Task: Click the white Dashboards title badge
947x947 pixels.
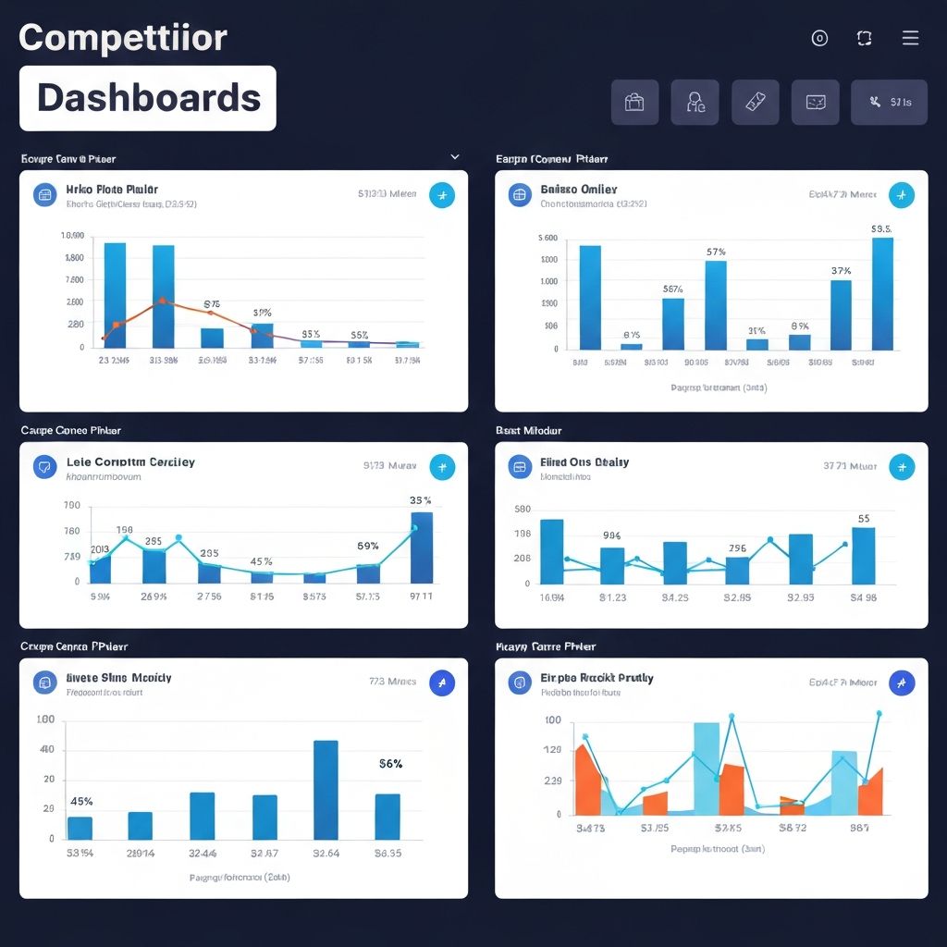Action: [x=148, y=98]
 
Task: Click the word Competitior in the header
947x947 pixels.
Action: [x=122, y=38]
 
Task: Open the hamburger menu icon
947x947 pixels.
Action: [x=910, y=38]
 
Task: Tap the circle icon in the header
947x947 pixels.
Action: [x=818, y=38]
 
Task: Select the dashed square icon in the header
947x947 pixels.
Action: [x=865, y=38]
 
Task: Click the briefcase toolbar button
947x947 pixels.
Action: [x=634, y=102]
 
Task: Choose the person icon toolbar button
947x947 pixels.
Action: [x=695, y=102]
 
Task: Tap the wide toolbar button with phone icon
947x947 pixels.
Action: [x=888, y=102]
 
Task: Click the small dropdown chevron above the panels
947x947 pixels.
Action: [x=454, y=157]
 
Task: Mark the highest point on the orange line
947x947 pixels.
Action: [x=163, y=301]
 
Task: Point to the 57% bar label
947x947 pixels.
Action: [x=716, y=252]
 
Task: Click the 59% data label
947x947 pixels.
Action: [x=367, y=546]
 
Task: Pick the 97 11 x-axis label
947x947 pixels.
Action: [x=421, y=596]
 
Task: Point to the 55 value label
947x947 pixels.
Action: [x=864, y=519]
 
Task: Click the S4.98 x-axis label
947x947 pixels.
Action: [x=863, y=597]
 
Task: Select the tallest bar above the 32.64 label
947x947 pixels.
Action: [x=326, y=789]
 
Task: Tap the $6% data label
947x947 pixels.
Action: [x=390, y=764]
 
